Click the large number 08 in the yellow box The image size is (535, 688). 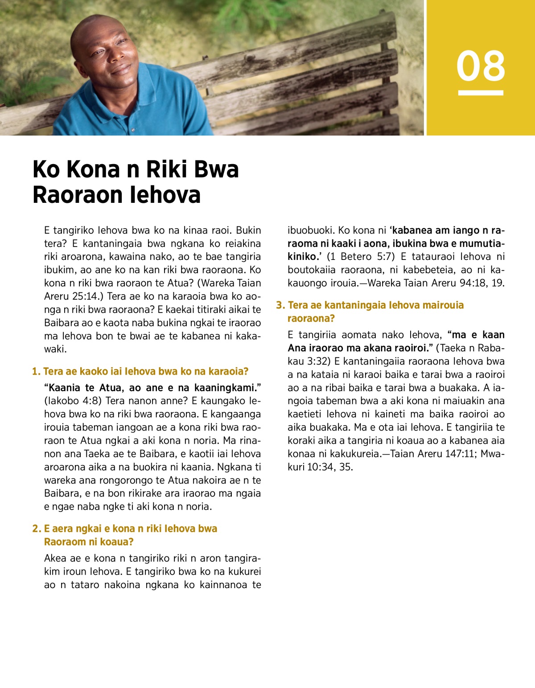[481, 66]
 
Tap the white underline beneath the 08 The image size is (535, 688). [481, 93]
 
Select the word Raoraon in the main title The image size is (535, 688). [77, 195]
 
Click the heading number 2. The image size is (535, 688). [36, 529]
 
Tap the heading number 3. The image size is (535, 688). [280, 305]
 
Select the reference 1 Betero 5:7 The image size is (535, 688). [361, 257]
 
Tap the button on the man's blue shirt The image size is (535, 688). [132, 130]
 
